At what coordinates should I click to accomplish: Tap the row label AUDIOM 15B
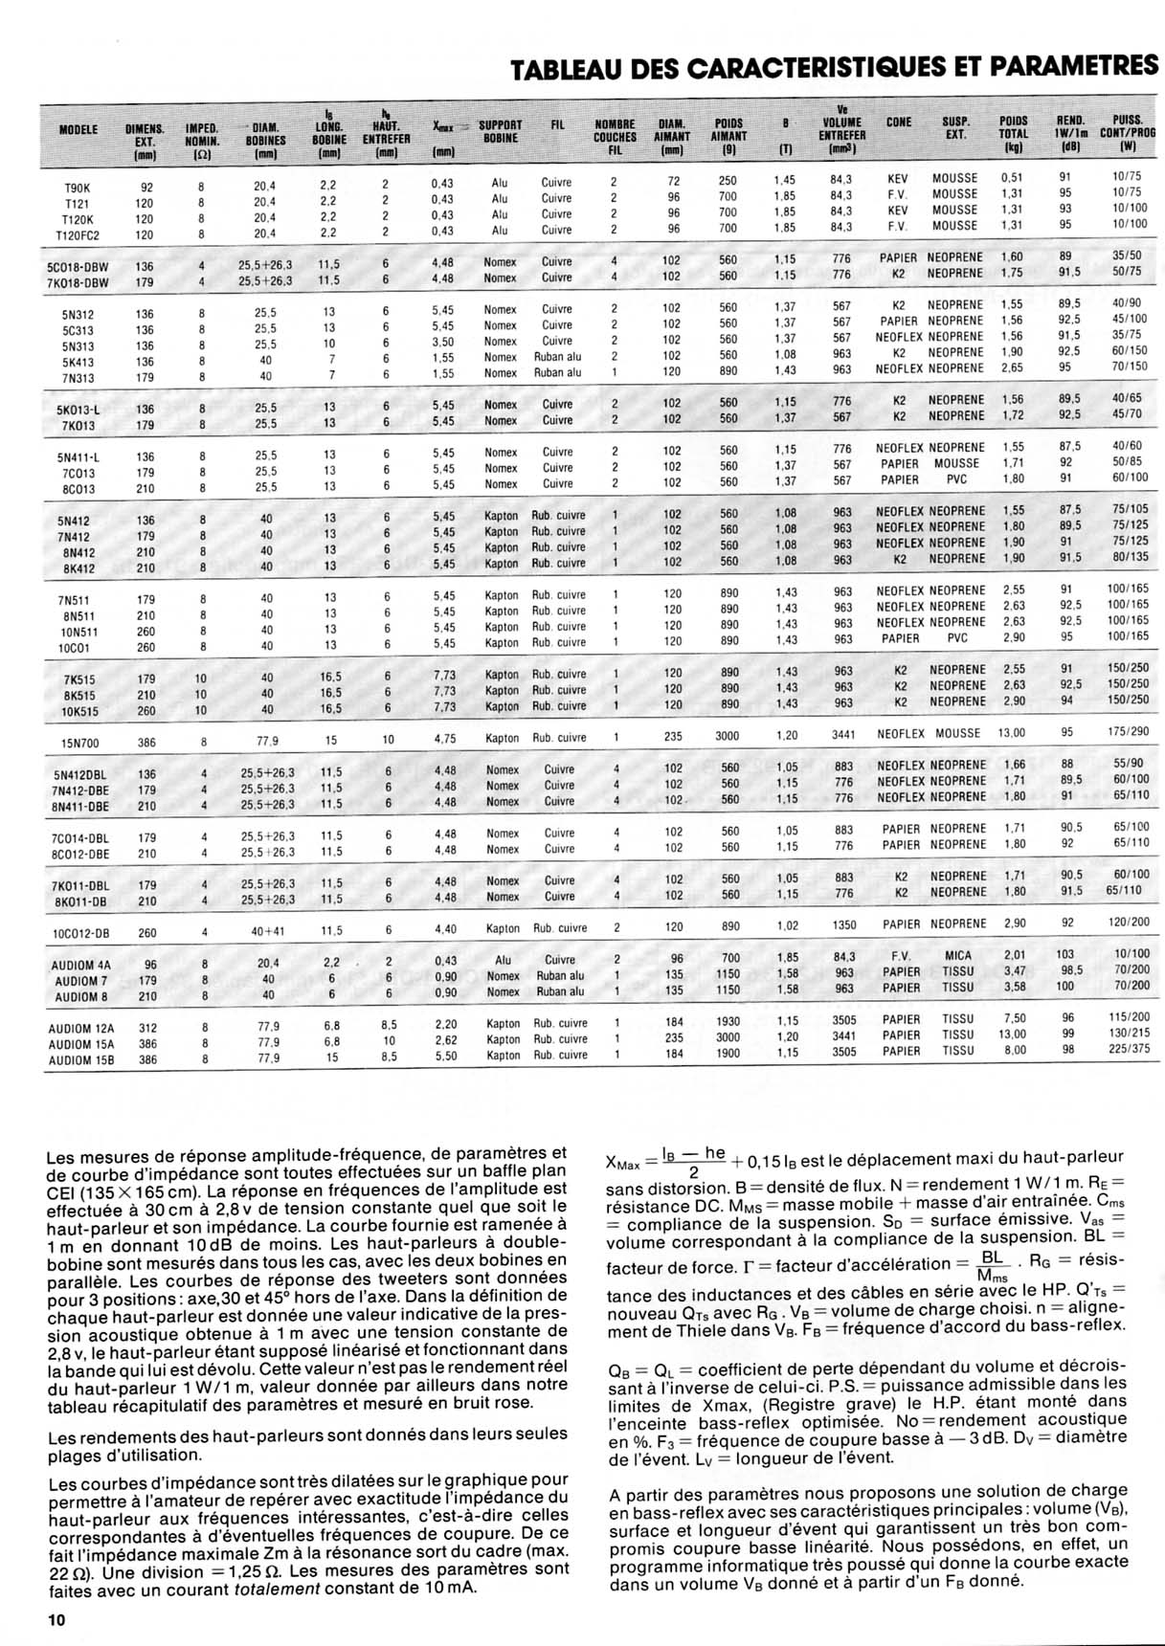(x=81, y=1059)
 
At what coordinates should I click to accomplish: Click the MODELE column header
(x=78, y=129)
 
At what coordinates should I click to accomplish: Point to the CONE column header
(x=899, y=122)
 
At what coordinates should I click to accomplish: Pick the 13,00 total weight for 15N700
(x=1012, y=733)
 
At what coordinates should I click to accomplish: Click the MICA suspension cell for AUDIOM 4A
(x=956, y=955)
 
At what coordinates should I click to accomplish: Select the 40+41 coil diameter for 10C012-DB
(x=267, y=930)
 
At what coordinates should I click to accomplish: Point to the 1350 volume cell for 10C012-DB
(x=843, y=925)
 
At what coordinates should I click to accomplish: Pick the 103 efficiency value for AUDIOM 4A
(x=1064, y=955)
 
